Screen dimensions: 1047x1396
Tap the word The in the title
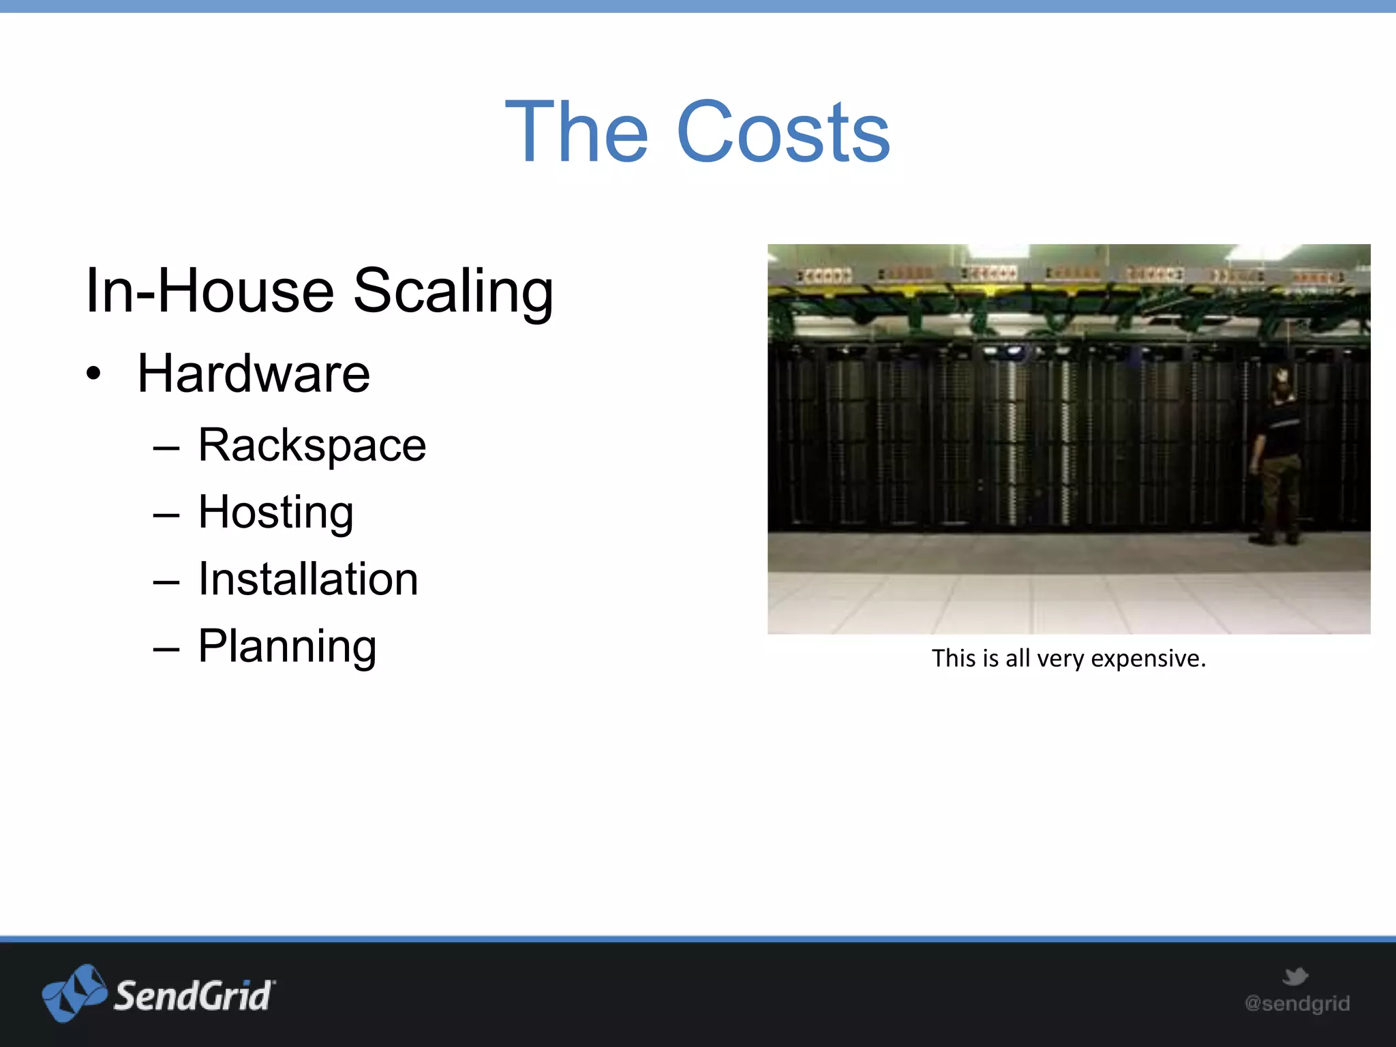click(577, 132)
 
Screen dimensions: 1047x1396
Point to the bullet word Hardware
click(254, 374)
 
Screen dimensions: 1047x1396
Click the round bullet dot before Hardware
click(93, 374)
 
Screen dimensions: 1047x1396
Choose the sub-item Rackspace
click(312, 446)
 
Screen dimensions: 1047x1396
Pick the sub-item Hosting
click(275, 513)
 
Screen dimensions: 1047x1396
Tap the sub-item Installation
click(308, 579)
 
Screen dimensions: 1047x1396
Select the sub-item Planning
click(287, 646)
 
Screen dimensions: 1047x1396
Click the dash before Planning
click(166, 649)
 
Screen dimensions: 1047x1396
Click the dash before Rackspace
click(166, 449)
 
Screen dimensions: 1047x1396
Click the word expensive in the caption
click(1148, 659)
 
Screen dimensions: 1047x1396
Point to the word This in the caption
click(954, 658)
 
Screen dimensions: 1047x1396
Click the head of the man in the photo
click(1281, 379)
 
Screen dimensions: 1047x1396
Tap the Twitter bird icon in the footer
click(1294, 976)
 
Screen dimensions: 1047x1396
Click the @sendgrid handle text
click(1296, 1003)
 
